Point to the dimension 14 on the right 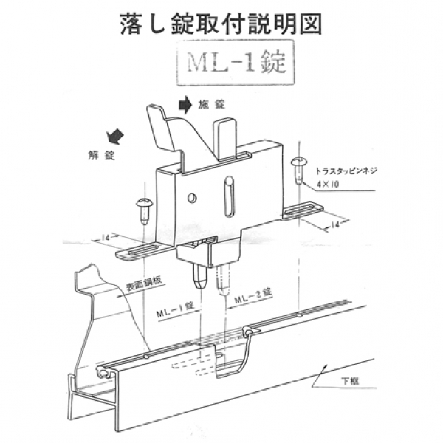(x=336, y=223)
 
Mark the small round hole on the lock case (x=192, y=197)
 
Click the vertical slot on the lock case (x=229, y=196)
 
